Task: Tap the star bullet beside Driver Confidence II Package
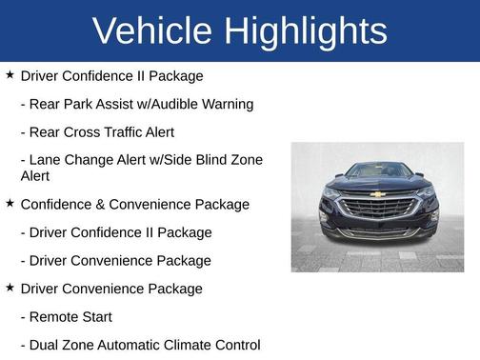(10, 74)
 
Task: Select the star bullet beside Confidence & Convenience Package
(10, 203)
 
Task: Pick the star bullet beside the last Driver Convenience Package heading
(10, 288)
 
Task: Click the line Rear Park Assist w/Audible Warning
(136, 104)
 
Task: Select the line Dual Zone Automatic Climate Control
(140, 344)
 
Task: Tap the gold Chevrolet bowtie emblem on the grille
(378, 194)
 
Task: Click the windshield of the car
(378, 170)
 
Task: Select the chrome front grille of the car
(377, 206)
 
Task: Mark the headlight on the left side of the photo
(331, 194)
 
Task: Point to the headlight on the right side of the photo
(425, 193)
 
